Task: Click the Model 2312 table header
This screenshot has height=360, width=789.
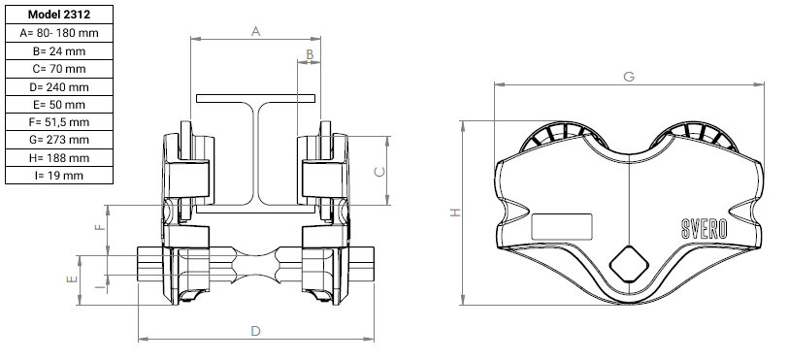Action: (x=59, y=15)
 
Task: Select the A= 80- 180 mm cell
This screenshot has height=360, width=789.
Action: (x=59, y=33)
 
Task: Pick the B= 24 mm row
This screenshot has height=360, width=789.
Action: (x=59, y=51)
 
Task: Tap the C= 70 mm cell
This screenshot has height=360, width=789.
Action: (x=59, y=69)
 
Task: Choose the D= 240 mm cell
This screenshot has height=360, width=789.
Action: (x=59, y=87)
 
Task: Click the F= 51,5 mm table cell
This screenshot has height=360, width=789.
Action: (x=59, y=122)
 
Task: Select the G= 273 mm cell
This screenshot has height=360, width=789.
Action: (x=59, y=140)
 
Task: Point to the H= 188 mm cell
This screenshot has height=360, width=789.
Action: (x=59, y=158)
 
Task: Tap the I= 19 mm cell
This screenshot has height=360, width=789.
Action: (x=59, y=176)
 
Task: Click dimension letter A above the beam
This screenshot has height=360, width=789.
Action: (x=255, y=32)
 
